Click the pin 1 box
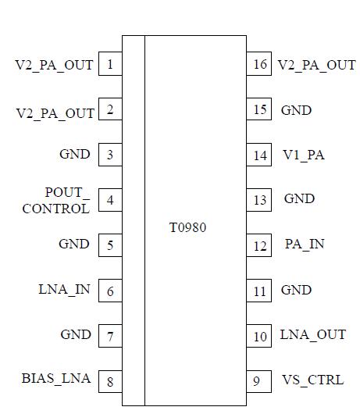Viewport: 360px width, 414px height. (x=110, y=64)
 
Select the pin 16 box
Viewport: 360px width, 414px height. (x=259, y=64)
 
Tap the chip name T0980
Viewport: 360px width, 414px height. (x=188, y=228)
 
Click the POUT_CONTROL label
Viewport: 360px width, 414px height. (x=55, y=201)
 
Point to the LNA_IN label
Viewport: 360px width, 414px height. (x=64, y=290)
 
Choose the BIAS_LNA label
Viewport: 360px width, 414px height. (x=56, y=379)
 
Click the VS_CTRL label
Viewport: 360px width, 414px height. (x=312, y=380)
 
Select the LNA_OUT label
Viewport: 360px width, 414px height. (x=312, y=334)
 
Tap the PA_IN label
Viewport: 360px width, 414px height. (x=305, y=244)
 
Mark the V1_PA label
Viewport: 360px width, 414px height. (x=304, y=155)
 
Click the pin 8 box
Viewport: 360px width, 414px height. (x=110, y=381)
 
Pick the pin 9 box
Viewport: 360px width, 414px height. (x=257, y=381)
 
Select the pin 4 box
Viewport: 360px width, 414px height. (x=110, y=200)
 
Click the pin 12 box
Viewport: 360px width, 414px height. (x=259, y=246)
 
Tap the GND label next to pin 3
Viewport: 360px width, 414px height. (x=75, y=154)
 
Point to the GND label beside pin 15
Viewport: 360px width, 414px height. (x=296, y=110)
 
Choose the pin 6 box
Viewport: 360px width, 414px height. (x=110, y=291)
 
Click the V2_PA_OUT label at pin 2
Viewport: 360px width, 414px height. (x=55, y=113)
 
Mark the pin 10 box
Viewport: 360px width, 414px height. (x=259, y=337)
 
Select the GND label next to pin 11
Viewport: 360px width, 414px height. (x=296, y=290)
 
